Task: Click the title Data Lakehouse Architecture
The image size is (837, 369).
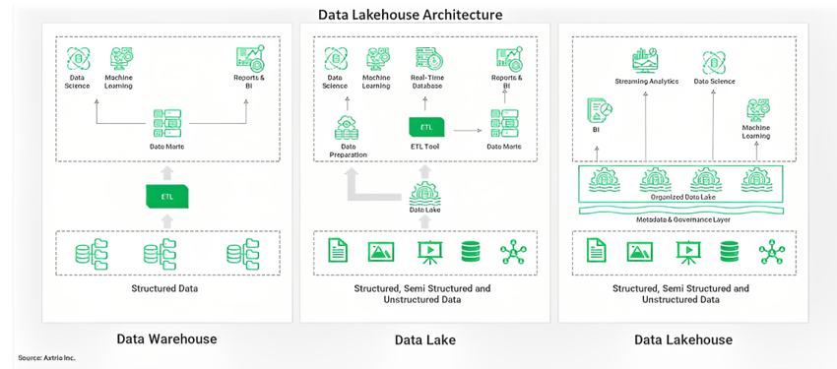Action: pyautogui.click(x=410, y=15)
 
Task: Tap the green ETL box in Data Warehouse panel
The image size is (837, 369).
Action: pyautogui.click(x=166, y=196)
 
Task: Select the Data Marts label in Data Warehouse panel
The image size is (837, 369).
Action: pyautogui.click(x=166, y=147)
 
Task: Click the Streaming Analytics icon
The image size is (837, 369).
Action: pyautogui.click(x=646, y=59)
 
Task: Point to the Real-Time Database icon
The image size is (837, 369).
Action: pyautogui.click(x=426, y=58)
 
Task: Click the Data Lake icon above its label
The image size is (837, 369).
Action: pyautogui.click(x=424, y=190)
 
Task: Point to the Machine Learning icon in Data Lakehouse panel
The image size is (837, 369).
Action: pyautogui.click(x=756, y=108)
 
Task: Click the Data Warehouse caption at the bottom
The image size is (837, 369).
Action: pyautogui.click(x=166, y=339)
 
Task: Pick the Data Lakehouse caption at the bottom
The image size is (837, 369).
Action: pyautogui.click(x=682, y=339)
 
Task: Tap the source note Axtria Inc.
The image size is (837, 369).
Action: pyautogui.click(x=46, y=358)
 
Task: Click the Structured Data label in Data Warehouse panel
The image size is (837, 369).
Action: pyautogui.click(x=166, y=289)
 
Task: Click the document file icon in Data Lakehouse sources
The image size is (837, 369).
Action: pyautogui.click(x=596, y=252)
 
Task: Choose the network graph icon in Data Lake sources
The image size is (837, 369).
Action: pyautogui.click(x=513, y=252)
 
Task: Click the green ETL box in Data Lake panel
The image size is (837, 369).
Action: pyautogui.click(x=426, y=127)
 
